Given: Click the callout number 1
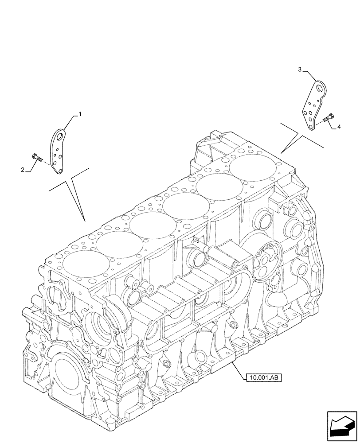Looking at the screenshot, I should pos(80,114).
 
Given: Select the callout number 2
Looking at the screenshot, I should pos(22,169).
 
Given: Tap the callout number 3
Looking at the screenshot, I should pos(300,70).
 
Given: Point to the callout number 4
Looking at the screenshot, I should pos(339,127).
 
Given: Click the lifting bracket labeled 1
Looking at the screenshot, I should pos(57,151).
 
